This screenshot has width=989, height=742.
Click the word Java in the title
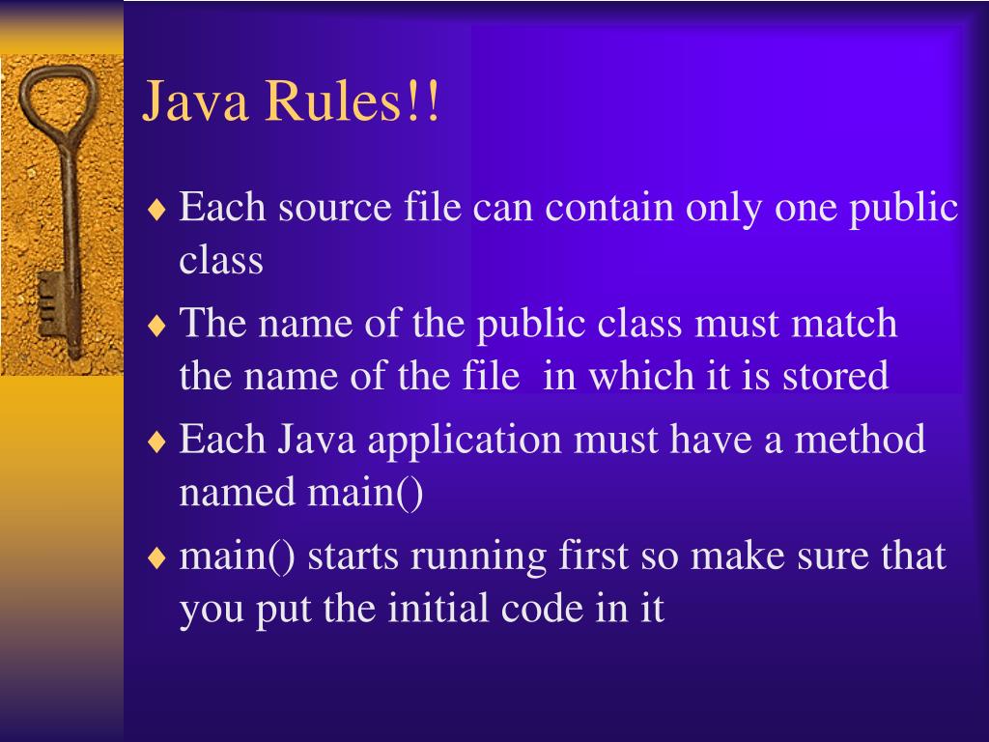tap(194, 103)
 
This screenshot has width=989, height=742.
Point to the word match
tap(844, 323)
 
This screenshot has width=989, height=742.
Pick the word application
tap(466, 440)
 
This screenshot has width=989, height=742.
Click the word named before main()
tap(239, 492)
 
